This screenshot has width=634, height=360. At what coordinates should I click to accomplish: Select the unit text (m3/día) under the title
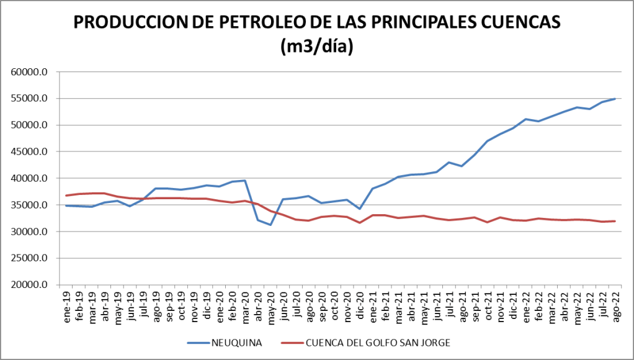click(x=317, y=47)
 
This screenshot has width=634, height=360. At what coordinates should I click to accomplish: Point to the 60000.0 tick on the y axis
click(x=30, y=72)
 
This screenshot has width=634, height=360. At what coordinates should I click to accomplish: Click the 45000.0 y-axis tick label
click(x=30, y=152)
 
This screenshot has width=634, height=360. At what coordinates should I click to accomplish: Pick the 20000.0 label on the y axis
click(x=30, y=286)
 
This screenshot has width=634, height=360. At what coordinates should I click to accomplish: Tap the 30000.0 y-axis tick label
click(x=30, y=232)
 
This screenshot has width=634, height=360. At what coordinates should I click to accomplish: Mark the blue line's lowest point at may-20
click(x=270, y=225)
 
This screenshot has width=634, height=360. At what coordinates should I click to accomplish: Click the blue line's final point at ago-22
click(x=614, y=99)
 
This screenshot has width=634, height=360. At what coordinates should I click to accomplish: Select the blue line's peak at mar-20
click(x=245, y=181)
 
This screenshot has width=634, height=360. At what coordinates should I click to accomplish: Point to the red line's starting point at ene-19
click(x=66, y=196)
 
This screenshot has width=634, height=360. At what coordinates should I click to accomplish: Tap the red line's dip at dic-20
click(x=360, y=223)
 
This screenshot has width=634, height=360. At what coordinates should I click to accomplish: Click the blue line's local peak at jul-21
click(x=449, y=163)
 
